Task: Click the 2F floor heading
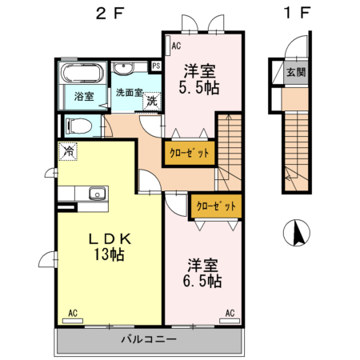click(109, 14)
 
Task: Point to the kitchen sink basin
click(97, 194)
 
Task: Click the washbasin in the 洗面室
click(125, 70)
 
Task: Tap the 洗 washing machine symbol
click(150, 102)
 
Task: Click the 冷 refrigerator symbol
click(69, 150)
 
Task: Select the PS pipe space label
click(157, 66)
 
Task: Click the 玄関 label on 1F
click(294, 71)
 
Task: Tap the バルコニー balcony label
click(148, 339)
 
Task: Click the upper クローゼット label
click(190, 153)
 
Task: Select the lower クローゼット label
click(217, 206)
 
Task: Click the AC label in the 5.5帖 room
click(175, 47)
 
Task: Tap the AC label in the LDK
click(73, 313)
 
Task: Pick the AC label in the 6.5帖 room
click(230, 313)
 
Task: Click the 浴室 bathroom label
click(84, 97)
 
